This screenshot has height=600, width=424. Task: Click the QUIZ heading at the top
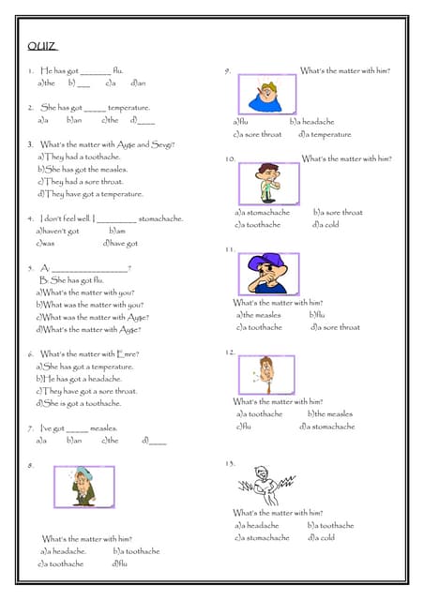[x=42, y=46]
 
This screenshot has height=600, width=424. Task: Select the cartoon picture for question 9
[x=271, y=95]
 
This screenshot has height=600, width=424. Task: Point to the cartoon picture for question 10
[x=269, y=183]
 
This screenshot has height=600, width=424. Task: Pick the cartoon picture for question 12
[x=266, y=373]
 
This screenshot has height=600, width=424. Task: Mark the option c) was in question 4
[x=46, y=243]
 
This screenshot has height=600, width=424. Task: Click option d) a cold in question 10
[x=326, y=224]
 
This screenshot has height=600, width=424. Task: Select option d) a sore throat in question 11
[x=335, y=327]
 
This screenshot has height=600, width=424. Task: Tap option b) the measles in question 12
[x=330, y=413]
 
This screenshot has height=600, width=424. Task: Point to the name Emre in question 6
[x=128, y=353]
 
